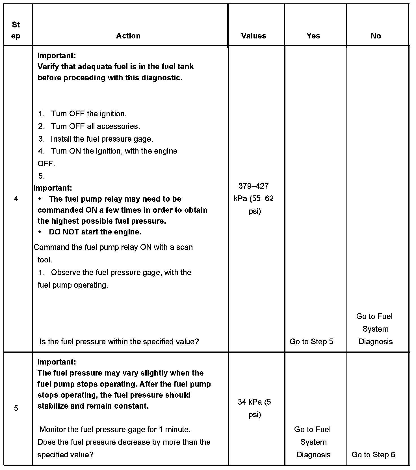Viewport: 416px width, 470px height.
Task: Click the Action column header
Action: (128, 36)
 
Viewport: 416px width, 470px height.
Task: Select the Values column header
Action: (253, 36)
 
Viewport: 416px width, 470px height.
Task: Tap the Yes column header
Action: (313, 36)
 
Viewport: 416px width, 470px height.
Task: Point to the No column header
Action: (376, 36)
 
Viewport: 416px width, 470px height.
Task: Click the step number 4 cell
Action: (16, 199)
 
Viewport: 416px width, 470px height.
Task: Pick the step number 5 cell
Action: (16, 408)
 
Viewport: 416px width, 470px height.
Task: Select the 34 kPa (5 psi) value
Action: (254, 408)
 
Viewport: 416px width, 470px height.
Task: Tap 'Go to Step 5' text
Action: (311, 342)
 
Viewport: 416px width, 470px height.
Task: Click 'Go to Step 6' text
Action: (373, 455)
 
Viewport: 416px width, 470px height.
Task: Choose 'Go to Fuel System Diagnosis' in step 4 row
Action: (375, 329)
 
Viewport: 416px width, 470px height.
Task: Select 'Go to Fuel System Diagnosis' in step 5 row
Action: (313, 442)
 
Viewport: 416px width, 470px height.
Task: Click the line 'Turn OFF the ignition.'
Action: (89, 114)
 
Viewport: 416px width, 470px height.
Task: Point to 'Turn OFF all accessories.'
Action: (95, 126)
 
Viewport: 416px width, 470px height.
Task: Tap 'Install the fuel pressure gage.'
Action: (102, 139)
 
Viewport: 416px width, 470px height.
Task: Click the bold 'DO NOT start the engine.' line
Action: (95, 232)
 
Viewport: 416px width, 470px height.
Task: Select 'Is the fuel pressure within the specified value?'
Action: (119, 342)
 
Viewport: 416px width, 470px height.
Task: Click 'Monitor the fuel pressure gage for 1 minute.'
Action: (115, 430)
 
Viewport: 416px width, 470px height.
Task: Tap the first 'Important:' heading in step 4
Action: (57, 55)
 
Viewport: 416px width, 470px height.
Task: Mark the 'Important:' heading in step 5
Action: (57, 362)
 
